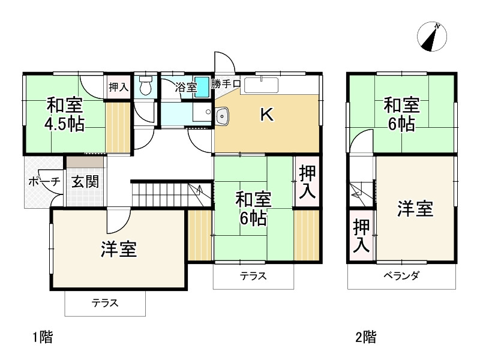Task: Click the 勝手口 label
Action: [226, 84]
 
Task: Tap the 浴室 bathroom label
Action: [185, 87]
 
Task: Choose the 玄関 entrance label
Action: [86, 182]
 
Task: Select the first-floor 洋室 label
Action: [118, 249]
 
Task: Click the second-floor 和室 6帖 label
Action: [401, 115]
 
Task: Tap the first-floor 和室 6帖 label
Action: [253, 208]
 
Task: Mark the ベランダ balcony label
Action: [401, 276]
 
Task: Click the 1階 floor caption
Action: [42, 337]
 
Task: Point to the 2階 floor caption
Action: [365, 337]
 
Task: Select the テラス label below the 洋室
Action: [105, 304]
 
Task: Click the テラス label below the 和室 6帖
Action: [253, 277]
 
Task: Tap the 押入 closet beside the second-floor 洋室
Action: [361, 236]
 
